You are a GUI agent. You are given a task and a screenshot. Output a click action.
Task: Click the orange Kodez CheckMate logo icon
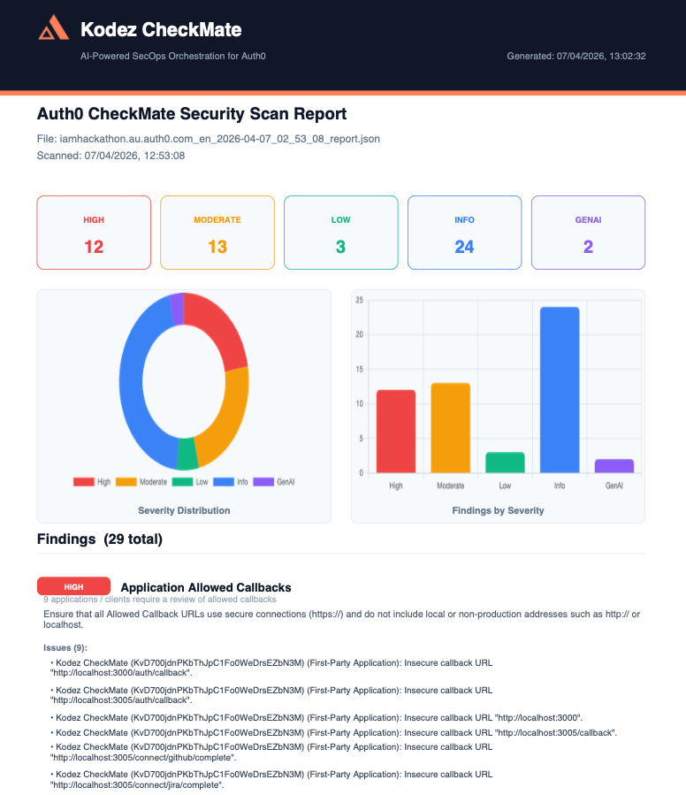(53, 30)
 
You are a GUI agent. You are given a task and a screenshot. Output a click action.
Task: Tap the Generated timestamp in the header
(575, 56)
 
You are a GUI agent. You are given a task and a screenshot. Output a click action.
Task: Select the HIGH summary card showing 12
(94, 233)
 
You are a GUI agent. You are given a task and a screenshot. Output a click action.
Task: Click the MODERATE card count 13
(217, 247)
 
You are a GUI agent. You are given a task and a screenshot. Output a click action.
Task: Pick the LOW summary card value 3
(340, 247)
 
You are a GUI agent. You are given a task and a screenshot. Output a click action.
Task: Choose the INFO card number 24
(464, 247)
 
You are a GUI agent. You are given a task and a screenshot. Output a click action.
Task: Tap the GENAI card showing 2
(588, 233)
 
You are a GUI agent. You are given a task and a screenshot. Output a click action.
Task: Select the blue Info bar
(560, 389)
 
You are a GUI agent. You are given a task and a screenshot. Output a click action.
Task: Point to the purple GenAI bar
(614, 465)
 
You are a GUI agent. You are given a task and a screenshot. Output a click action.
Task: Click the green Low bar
(505, 462)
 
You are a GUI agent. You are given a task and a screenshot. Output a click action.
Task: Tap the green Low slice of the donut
(187, 454)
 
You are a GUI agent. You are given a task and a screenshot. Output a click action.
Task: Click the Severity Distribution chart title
(184, 510)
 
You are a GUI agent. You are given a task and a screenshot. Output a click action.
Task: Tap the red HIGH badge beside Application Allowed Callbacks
(73, 586)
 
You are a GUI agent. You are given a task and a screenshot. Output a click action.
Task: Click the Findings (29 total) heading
(100, 539)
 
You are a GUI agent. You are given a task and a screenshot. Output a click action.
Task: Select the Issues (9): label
(65, 647)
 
